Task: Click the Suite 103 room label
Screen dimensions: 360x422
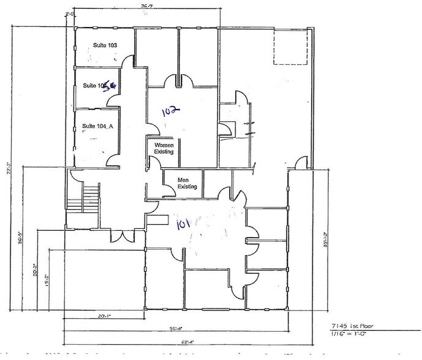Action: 105,46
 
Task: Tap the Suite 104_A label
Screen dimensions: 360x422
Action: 98,126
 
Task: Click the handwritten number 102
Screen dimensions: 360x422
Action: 169,111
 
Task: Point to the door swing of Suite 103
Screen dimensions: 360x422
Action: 127,64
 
